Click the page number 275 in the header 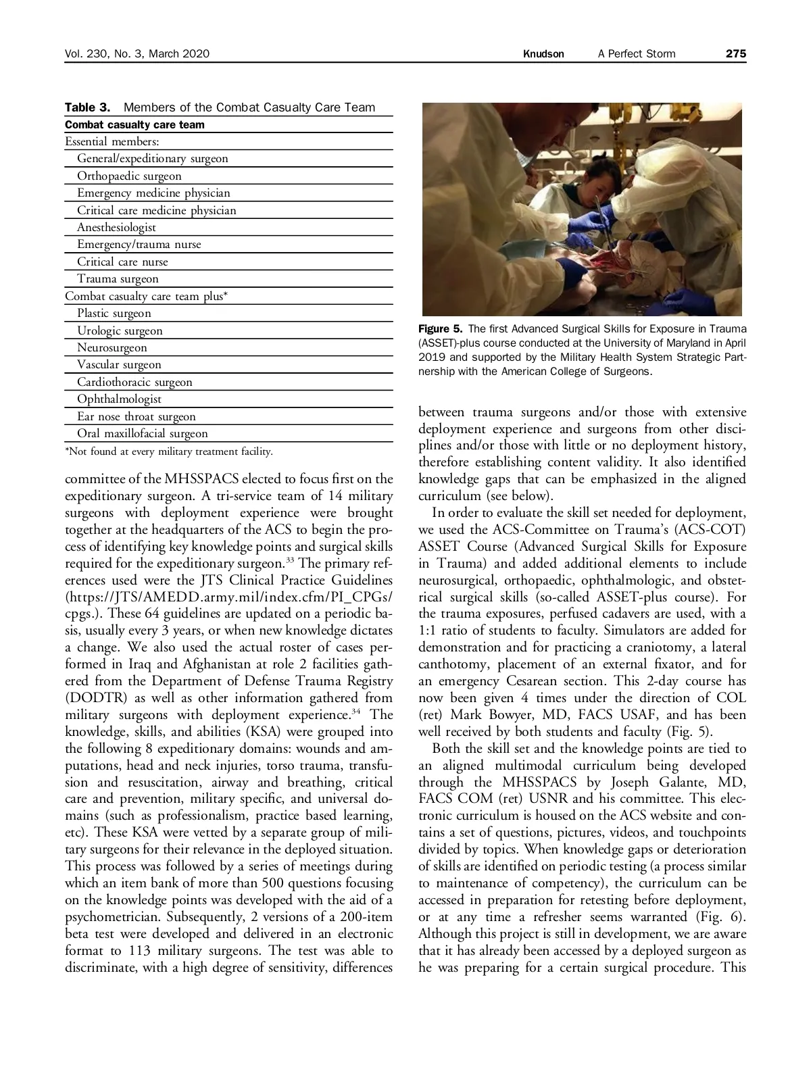click(x=735, y=53)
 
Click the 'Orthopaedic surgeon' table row click(x=129, y=176)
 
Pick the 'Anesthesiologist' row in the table click(x=116, y=227)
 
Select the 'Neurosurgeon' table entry click(x=112, y=347)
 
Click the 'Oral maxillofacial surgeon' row click(x=142, y=433)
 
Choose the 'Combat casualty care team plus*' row click(x=146, y=296)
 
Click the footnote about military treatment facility click(x=168, y=451)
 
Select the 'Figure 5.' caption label click(x=440, y=329)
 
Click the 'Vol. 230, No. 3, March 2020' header click(x=137, y=53)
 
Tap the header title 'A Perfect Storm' click(x=636, y=53)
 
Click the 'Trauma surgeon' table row click(x=118, y=278)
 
